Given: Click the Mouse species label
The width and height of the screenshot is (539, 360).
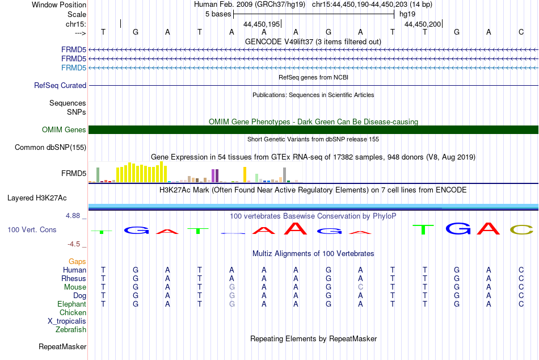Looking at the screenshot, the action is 75,287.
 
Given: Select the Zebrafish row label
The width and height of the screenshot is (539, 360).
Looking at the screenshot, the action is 71,330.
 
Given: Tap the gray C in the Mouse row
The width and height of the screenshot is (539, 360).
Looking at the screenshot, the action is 360,287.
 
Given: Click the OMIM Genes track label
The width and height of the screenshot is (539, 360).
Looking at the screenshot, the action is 64,130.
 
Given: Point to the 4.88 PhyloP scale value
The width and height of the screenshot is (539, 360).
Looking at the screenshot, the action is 73,216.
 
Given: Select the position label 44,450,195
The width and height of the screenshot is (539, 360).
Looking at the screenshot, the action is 262,24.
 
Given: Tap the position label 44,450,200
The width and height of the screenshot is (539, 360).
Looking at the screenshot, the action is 423,24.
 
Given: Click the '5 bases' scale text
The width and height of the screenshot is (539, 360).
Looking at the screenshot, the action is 218,14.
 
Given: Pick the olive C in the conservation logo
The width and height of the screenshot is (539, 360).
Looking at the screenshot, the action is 521,229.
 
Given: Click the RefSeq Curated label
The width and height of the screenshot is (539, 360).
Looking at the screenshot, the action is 60,85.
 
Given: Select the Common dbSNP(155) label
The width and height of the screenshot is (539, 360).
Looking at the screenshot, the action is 50,147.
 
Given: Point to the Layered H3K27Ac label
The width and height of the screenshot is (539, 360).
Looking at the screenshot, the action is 37,198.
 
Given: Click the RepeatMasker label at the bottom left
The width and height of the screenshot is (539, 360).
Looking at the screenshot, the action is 62,346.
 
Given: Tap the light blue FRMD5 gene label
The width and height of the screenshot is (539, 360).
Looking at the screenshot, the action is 74,68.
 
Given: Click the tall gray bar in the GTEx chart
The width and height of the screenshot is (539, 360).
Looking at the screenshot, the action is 285,175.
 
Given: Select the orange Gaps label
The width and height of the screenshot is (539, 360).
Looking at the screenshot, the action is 77,262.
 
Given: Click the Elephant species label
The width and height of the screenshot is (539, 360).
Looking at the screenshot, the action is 72,304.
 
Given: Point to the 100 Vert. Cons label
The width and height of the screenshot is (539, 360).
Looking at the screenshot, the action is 32,229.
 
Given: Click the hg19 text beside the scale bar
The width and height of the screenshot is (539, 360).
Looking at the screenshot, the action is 407,14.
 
